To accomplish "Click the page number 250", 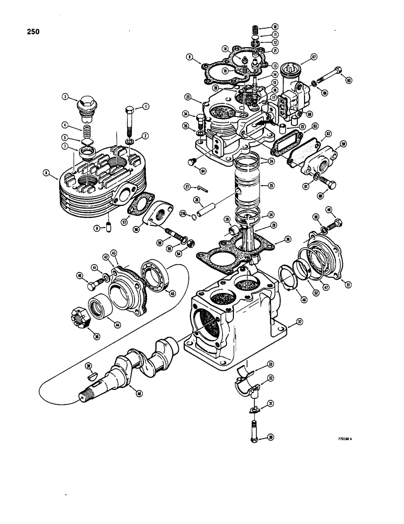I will coord(32,31).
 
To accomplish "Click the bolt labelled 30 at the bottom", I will coord(254,425).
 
